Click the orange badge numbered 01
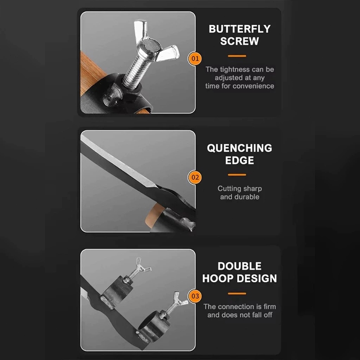[195, 58]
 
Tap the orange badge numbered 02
[195, 177]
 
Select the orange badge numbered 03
[195, 296]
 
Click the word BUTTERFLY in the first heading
[240, 29]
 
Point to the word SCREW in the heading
[240, 41]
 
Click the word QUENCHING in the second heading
[239, 148]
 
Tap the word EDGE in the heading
[239, 160]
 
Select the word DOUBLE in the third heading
[239, 266]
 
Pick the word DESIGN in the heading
[257, 279]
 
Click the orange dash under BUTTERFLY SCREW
[237, 56]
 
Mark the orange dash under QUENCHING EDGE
[237, 175]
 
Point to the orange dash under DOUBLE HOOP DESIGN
[237, 293]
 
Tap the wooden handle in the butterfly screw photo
[91, 73]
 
